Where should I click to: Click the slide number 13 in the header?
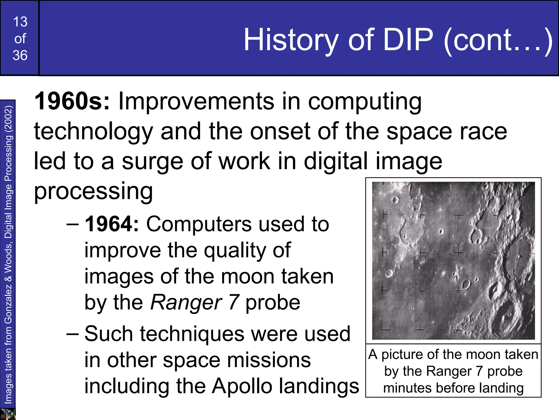[x=20, y=22]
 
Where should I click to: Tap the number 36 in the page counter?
[x=20, y=55]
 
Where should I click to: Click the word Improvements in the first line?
[x=196, y=101]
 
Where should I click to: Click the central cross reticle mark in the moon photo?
[x=459, y=253]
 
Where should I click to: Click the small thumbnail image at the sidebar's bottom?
[x=8, y=414]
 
